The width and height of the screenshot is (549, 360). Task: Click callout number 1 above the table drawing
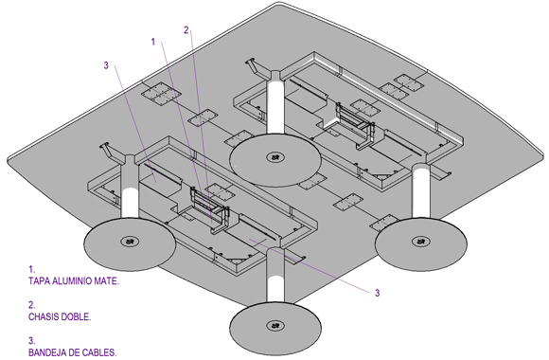[153, 42]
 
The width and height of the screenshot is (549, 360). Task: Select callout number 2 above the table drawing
[186, 30]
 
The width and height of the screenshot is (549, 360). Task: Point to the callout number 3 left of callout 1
[106, 65]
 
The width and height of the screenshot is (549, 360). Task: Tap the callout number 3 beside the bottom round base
[377, 293]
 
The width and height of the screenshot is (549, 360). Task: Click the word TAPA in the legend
[39, 280]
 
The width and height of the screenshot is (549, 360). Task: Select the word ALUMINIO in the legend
[72, 280]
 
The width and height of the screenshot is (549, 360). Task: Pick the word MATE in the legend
[106, 280]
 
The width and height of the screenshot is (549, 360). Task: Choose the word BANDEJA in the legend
[47, 352]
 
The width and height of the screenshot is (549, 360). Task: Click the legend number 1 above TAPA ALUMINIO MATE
[31, 269]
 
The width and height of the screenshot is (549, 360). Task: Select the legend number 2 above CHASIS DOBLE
[31, 305]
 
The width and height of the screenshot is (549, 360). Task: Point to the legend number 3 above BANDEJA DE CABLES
[31, 341]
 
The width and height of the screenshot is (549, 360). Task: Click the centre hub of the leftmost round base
[130, 242]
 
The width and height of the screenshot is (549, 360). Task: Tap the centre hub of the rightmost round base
[421, 242]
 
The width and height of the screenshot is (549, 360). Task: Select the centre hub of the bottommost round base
[275, 326]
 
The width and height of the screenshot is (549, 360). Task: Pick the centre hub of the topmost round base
[275, 156]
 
